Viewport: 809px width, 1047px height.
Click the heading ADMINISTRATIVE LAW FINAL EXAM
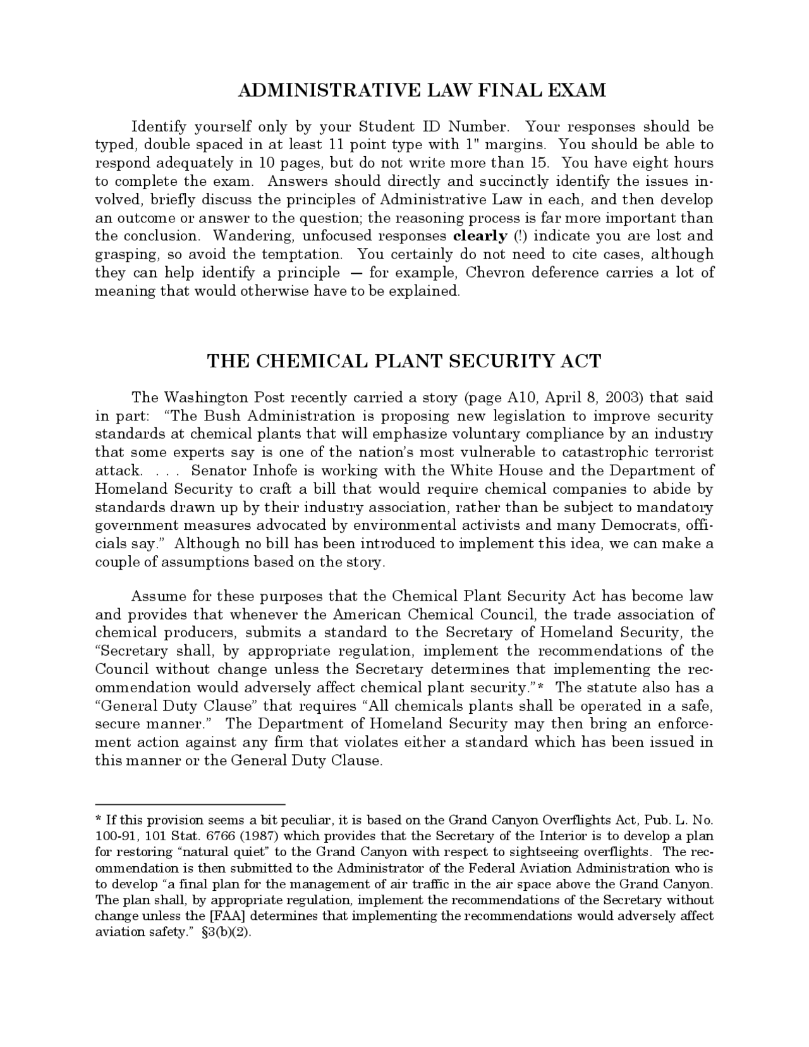[x=422, y=90]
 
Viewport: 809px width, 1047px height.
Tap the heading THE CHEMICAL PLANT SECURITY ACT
[x=404, y=361]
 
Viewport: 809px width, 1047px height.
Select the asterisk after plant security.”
[x=540, y=687]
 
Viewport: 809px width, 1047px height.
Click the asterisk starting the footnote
[x=99, y=820]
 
